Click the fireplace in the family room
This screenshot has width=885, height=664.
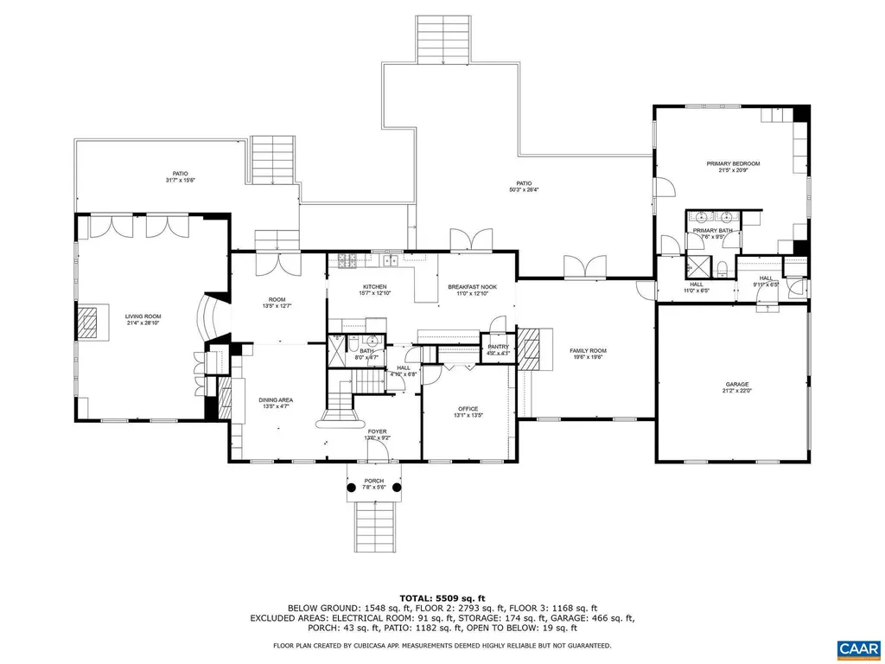(535, 349)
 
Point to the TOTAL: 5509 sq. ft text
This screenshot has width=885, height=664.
(442, 597)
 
